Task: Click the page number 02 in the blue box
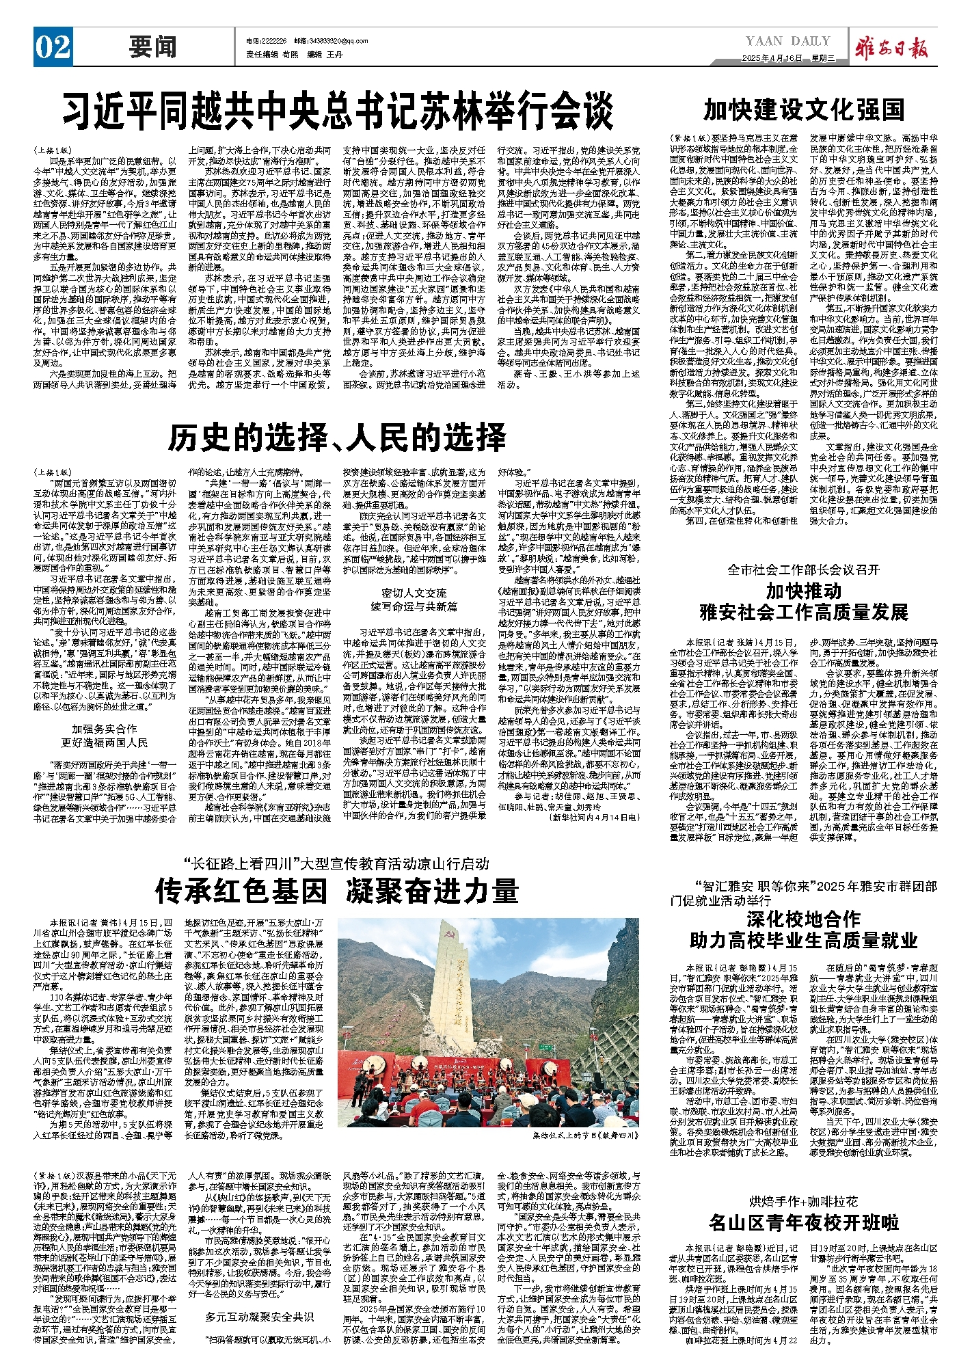53,47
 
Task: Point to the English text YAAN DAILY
787,41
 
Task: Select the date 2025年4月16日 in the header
772,58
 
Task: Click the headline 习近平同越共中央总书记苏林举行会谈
338,110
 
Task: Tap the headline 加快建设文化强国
804,109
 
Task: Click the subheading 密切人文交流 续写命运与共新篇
414,600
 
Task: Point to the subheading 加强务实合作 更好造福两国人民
105,735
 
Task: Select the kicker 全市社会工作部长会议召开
803,569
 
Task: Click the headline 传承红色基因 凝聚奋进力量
336,891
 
